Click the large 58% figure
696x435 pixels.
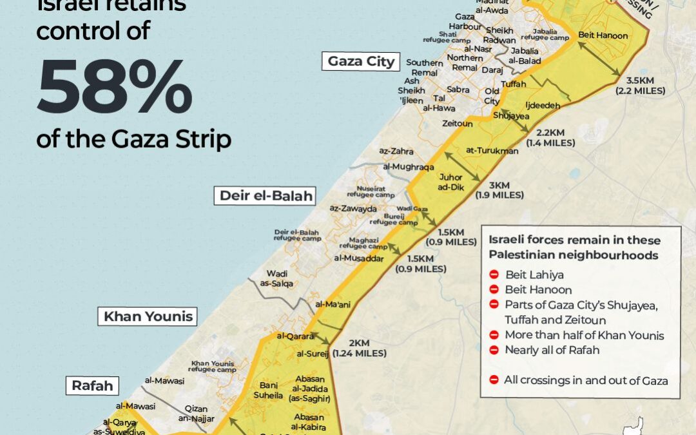pos(114,89)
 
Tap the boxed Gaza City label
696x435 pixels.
pos(361,61)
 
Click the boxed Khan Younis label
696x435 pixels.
pos(149,316)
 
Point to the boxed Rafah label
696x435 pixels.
pos(92,386)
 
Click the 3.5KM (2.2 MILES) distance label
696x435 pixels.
pos(645,86)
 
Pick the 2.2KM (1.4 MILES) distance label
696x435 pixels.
pos(551,138)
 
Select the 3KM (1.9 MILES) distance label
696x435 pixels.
pos(499,189)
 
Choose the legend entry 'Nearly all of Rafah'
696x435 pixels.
pos(552,350)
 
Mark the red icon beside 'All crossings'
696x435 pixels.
pos(494,380)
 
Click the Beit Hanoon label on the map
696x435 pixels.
pos(603,35)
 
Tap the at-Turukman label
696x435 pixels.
pos(492,151)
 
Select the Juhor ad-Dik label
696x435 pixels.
pos(451,181)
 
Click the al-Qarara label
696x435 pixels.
pos(295,336)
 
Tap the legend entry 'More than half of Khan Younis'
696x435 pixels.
pos(585,335)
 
